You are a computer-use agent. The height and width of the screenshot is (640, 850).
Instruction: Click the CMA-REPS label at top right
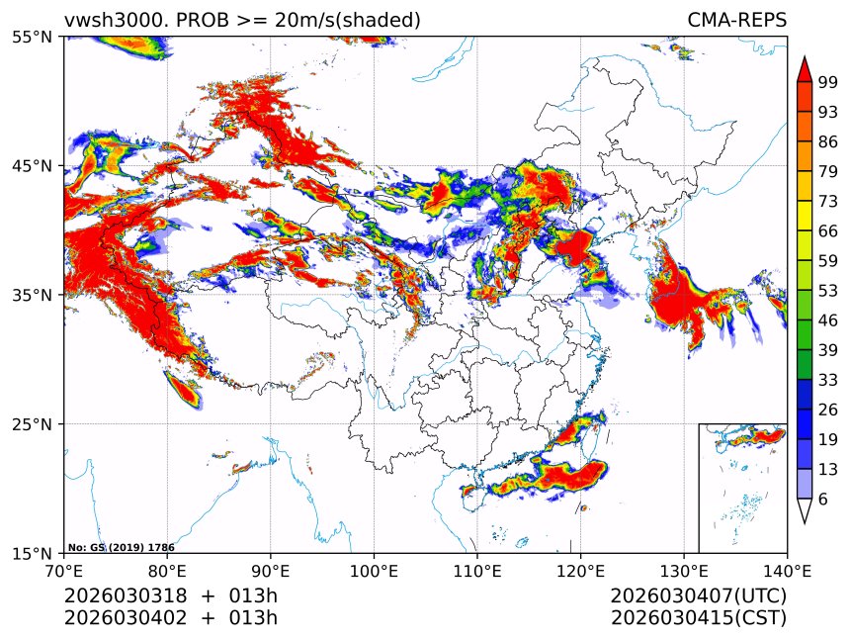click(736, 21)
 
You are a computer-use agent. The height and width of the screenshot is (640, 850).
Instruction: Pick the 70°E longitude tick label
click(64, 571)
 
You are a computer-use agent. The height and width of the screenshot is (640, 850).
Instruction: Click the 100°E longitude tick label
click(374, 571)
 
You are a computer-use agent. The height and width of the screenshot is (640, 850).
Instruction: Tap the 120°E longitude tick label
click(580, 571)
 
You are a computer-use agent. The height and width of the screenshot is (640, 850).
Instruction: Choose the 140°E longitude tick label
click(787, 571)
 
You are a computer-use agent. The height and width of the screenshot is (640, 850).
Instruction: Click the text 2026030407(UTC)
click(698, 596)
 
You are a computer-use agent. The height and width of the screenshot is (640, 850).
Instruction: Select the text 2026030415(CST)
click(698, 618)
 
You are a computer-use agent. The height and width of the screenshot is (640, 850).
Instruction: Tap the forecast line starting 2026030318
click(171, 596)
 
